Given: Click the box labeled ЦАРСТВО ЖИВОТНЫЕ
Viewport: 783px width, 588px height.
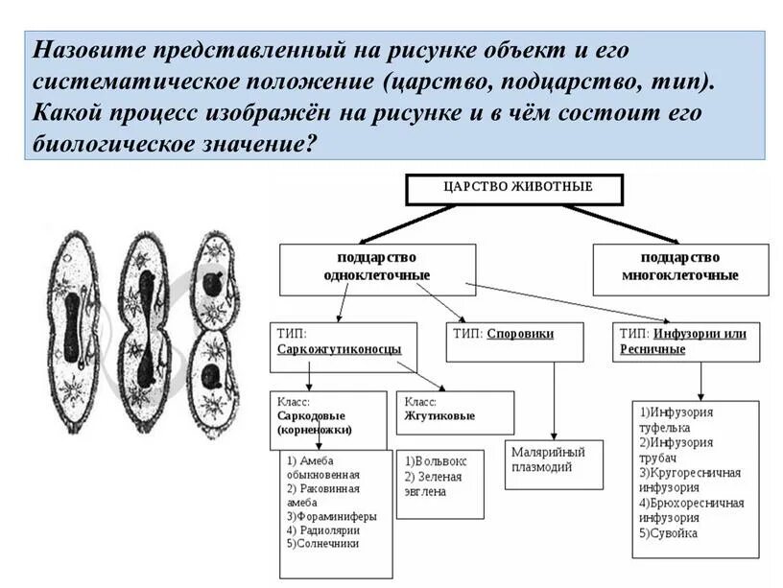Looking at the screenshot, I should (517, 189).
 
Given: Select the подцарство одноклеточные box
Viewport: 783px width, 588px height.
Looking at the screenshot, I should (377, 268).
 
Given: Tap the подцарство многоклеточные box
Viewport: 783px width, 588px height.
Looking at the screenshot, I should (680, 268).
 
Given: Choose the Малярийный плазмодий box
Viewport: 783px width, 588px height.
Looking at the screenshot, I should (555, 460).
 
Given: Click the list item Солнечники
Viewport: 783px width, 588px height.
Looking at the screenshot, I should (322, 542).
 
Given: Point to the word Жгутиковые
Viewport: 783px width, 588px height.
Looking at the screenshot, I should (439, 415).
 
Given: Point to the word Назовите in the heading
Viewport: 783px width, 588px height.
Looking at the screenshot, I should (84, 49).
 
